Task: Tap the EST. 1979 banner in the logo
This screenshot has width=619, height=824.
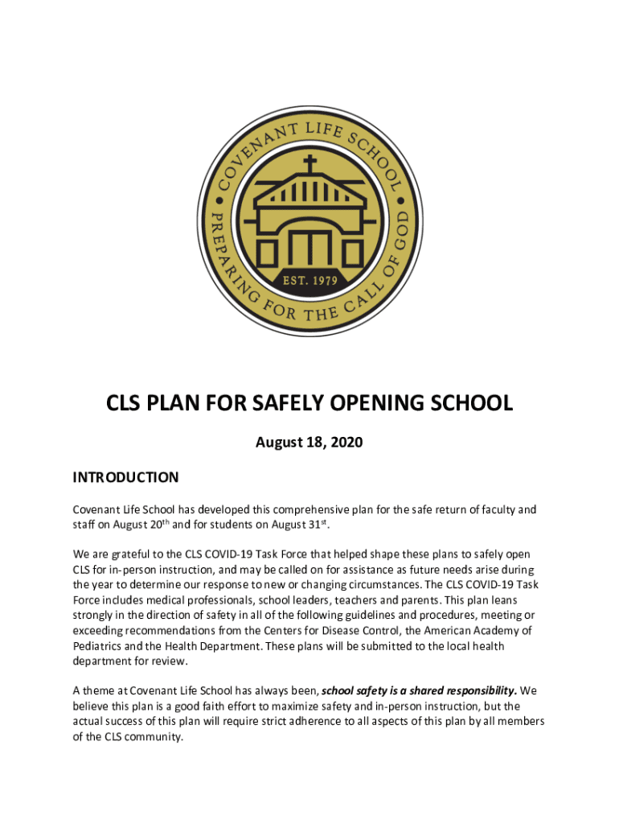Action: (x=309, y=282)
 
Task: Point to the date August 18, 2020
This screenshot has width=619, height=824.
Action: (x=309, y=442)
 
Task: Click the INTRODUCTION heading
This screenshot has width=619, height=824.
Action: (x=125, y=477)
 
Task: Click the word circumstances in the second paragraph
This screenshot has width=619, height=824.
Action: (x=441, y=585)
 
